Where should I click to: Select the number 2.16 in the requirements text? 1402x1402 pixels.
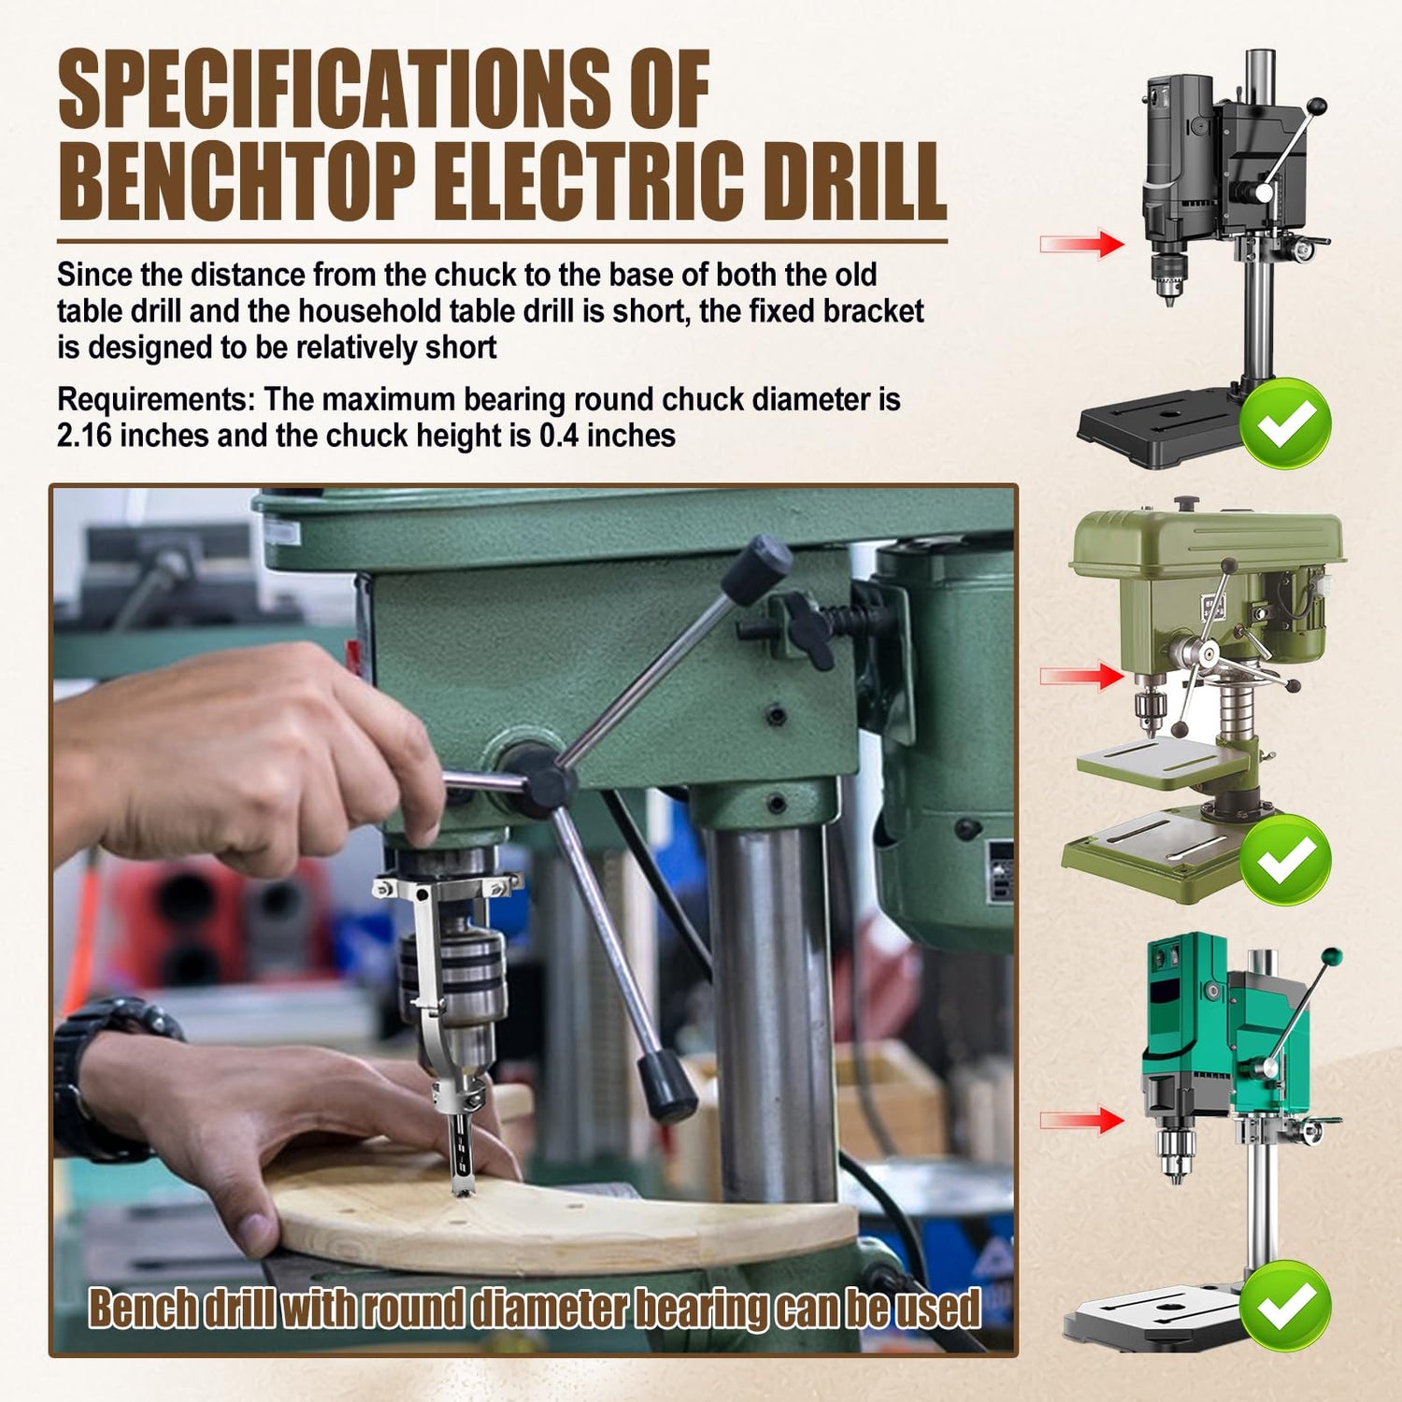85,436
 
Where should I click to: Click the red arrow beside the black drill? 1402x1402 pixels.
1082,244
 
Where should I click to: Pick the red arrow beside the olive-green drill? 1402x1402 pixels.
1082,676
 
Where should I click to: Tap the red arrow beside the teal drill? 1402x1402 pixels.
1082,1119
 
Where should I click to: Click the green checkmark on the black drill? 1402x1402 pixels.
1286,423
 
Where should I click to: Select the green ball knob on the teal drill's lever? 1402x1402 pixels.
1330,957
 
